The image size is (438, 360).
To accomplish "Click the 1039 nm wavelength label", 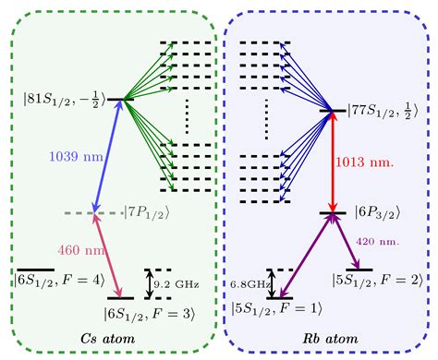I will pyautogui.click(x=59, y=156).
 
